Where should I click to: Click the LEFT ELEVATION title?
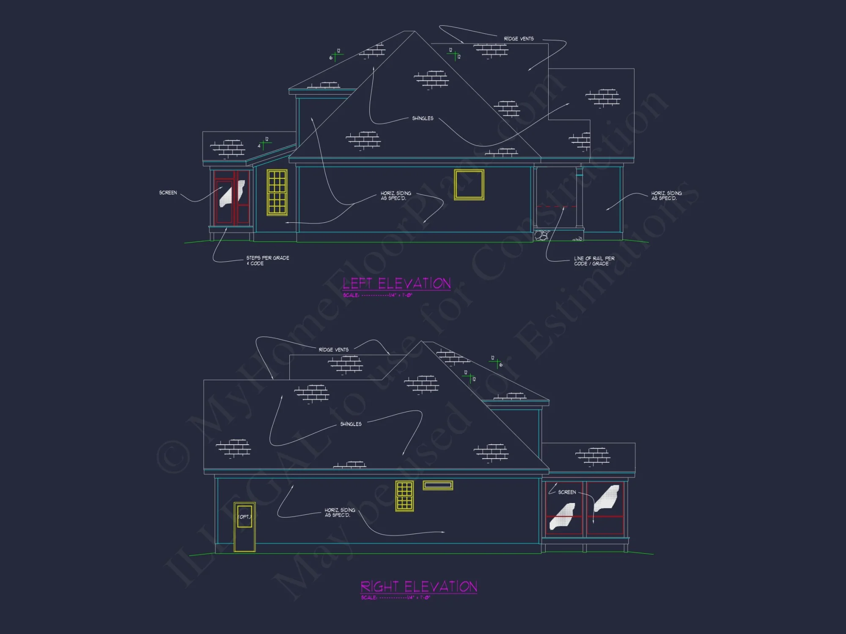point(396,283)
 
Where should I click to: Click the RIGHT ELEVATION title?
point(419,587)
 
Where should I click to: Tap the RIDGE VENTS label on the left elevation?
point(519,39)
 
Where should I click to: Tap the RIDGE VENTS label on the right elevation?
point(333,350)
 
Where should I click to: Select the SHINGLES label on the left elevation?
point(423,118)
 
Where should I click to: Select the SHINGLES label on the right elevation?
point(351,424)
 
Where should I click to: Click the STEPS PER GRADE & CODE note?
point(267,260)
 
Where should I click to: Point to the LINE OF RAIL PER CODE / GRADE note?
point(594,261)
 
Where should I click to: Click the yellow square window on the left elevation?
point(469,185)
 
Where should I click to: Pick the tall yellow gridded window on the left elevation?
point(277,192)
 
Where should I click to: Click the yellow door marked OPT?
point(244,527)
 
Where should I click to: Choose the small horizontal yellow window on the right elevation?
point(438,485)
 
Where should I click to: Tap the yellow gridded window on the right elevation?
point(404,496)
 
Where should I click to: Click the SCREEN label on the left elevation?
point(168,193)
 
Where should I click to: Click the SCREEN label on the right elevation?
point(567,492)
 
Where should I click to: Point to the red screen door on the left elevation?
point(231,197)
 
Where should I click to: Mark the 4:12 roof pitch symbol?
point(264,144)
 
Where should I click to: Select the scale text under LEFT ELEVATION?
point(377,295)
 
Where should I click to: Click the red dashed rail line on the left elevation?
point(556,207)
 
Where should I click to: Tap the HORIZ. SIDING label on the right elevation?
point(340,512)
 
